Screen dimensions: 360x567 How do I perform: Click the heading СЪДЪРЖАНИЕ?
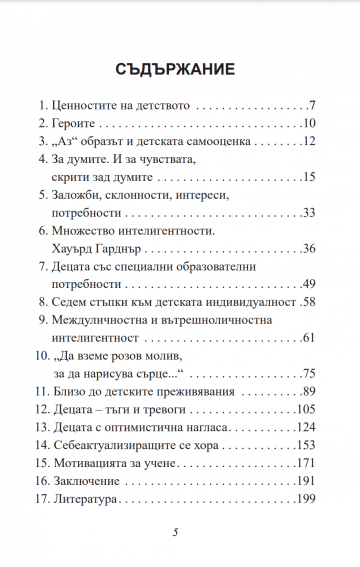[180, 70]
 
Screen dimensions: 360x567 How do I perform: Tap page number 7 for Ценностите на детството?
[313, 104]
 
